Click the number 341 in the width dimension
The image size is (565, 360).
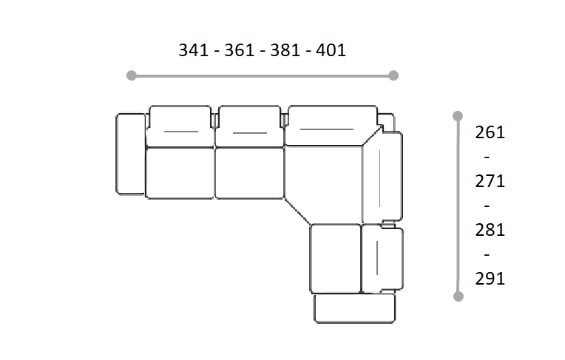click(194, 50)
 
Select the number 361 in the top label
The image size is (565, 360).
click(240, 50)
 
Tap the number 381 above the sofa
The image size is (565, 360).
click(285, 50)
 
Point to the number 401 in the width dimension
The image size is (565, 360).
click(331, 50)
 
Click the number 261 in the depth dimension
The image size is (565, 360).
click(490, 132)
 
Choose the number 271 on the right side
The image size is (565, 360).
click(490, 181)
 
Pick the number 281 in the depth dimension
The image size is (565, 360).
click(490, 230)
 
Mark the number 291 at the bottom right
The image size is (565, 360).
click(490, 279)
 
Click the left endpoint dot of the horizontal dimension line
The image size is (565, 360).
click(132, 75)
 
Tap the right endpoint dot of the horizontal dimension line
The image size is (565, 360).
click(393, 75)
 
